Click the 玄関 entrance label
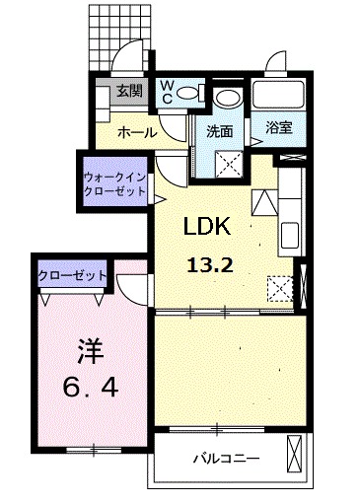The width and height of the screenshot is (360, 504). [129, 92]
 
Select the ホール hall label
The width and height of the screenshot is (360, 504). [136, 131]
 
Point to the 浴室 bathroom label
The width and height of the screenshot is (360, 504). [278, 127]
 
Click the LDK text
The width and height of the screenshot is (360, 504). [206, 227]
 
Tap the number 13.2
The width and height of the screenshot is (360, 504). [210, 263]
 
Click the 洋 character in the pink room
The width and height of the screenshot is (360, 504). [92, 350]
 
